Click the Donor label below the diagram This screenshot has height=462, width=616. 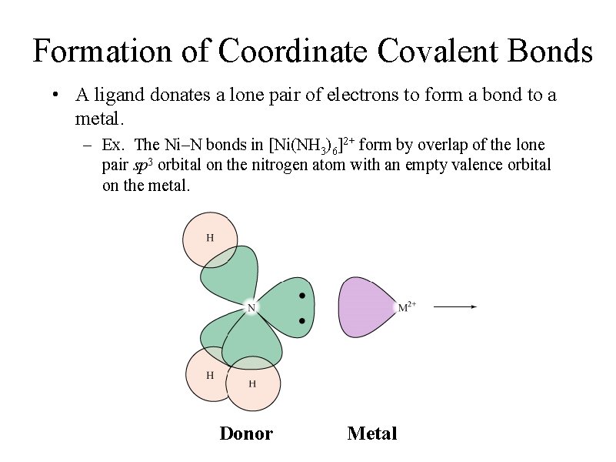click(x=246, y=434)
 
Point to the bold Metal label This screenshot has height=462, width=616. click(x=372, y=434)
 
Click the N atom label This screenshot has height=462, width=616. click(x=251, y=308)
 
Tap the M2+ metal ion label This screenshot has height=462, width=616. click(x=407, y=306)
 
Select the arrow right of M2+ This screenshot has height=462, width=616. click(x=455, y=306)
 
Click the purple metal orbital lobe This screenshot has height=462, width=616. click(x=365, y=306)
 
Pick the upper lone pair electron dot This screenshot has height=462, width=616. click(x=303, y=296)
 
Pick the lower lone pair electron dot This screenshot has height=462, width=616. click(x=303, y=320)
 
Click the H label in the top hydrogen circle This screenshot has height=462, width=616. click(x=210, y=237)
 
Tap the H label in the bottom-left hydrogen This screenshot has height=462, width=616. click(x=209, y=375)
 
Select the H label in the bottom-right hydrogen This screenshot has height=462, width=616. click(x=252, y=383)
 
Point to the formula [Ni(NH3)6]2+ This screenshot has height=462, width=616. click(x=311, y=145)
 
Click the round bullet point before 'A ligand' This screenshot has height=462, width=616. click(x=55, y=96)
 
